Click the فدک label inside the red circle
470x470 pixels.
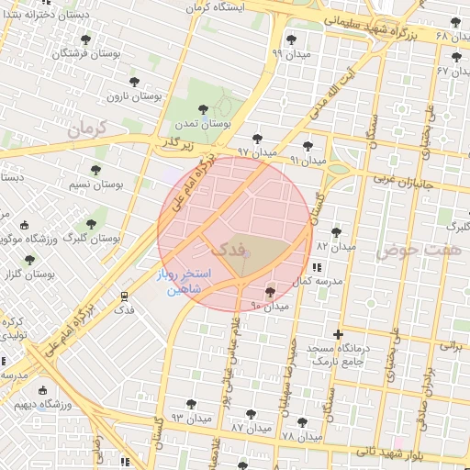pyautogui.click(x=227, y=248)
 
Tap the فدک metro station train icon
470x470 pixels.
pyautogui.click(x=124, y=296)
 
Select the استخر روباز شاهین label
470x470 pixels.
pyautogui.click(x=189, y=281)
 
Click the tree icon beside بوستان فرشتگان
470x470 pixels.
pyautogui.click(x=86, y=39)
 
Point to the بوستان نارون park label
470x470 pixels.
pyautogui.click(x=132, y=95)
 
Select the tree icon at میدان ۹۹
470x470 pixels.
pyautogui.click(x=292, y=39)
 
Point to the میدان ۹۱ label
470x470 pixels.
pyautogui.click(x=308, y=160)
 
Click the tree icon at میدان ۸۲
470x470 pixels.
pyautogui.click(x=336, y=232)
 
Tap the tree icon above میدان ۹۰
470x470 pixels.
pyautogui.click(x=269, y=292)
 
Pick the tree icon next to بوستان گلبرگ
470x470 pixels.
pyautogui.click(x=91, y=223)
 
